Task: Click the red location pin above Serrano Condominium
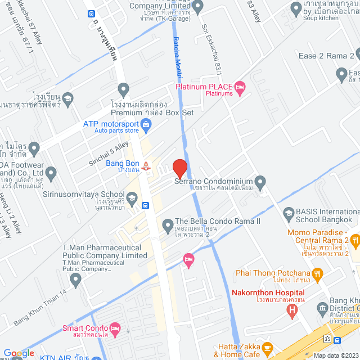[x=179, y=168]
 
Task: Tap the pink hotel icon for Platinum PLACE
[x=240, y=87]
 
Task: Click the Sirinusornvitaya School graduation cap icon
[x=132, y=198]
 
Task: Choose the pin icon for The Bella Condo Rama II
[x=167, y=226]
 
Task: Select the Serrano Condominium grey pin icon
[x=260, y=182]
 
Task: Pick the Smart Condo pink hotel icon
[x=115, y=327]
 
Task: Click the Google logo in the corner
[x=19, y=353]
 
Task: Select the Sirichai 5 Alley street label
[x=109, y=152]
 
